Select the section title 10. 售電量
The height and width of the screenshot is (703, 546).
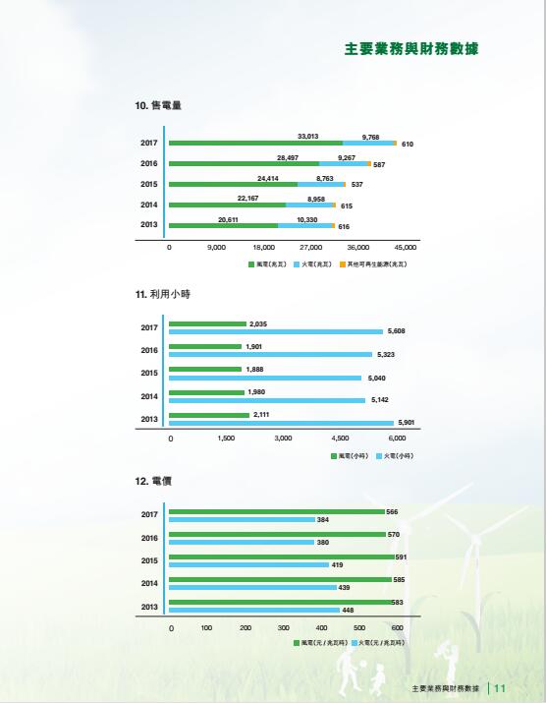158,104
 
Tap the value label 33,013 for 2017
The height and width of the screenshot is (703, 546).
308,136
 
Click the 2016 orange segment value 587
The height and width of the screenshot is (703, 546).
379,164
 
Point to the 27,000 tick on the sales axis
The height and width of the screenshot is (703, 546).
311,247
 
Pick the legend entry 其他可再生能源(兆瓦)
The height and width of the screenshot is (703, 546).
376,264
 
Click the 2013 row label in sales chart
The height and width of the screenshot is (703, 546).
149,224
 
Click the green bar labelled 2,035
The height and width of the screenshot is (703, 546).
207,323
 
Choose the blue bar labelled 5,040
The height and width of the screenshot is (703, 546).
265,378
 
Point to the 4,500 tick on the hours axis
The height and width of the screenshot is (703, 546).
341,438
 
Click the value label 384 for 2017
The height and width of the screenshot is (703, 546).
322,519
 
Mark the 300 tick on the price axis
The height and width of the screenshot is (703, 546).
284,627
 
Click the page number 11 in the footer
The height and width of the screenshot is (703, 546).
499,687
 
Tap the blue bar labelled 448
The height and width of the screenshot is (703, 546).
254,610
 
